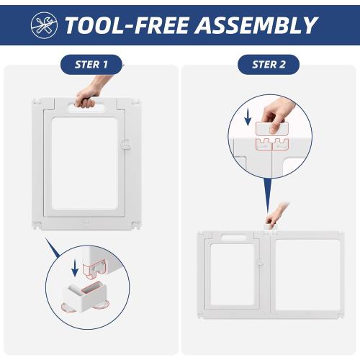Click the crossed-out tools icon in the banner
coord(44,25)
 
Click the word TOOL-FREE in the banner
coord(127,25)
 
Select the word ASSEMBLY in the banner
coord(256,25)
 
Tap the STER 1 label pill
coord(91,65)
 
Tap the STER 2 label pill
coord(269,65)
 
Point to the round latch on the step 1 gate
coord(125,145)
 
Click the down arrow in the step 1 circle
coord(75,268)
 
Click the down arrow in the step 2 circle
coord(248,118)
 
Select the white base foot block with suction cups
coord(85,297)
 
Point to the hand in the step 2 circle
coord(279,115)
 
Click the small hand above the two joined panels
coord(276,215)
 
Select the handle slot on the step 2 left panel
coord(233,238)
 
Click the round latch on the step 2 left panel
coord(260,263)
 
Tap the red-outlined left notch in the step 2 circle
coord(264,144)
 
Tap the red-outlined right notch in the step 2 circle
coord(280,144)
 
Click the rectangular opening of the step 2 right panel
coord(308,275)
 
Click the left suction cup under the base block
coord(68,307)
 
